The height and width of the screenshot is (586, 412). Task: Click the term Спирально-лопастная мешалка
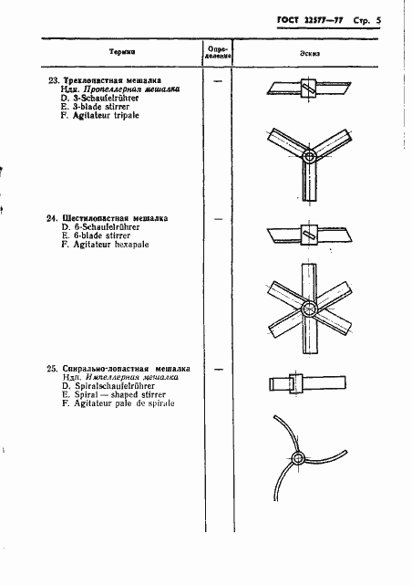pos(126,368)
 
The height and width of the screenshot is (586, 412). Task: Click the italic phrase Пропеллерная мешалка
pos(137,89)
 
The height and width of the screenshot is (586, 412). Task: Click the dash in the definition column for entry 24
pos(217,220)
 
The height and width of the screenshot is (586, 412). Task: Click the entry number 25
pos(52,368)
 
